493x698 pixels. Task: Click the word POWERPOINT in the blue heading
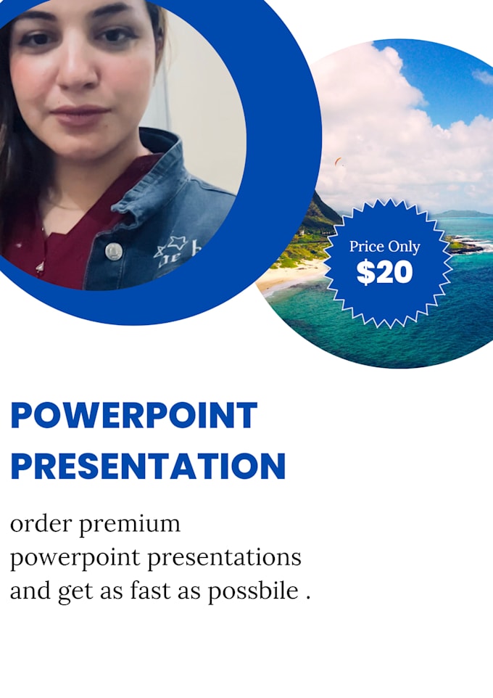click(134, 416)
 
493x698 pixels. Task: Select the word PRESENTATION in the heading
click(148, 467)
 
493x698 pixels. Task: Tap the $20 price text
click(384, 271)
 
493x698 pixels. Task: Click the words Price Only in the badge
click(384, 247)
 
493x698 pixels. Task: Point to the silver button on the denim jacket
click(113, 251)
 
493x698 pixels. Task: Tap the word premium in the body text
click(130, 524)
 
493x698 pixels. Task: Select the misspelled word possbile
click(253, 591)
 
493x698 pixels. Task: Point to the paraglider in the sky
click(338, 161)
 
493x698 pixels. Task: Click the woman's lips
click(80, 115)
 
